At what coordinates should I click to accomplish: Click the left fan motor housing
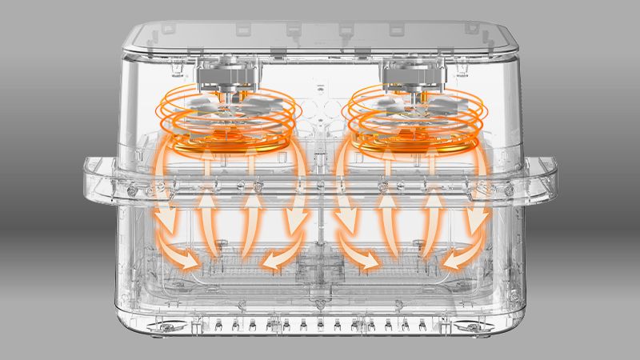(228, 77)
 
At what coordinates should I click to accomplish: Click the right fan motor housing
(412, 77)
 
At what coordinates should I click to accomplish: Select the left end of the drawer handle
(94, 180)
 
